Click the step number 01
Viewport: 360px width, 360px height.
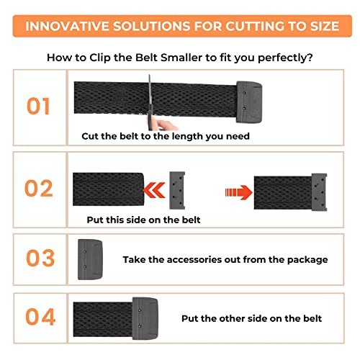point(38,106)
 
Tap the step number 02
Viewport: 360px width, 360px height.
point(39,188)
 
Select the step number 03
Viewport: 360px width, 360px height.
point(40,258)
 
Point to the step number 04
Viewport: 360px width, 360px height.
point(40,317)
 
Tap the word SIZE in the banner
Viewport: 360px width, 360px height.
point(325,26)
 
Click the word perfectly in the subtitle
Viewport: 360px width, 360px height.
point(285,58)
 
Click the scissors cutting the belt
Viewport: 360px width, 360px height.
point(150,102)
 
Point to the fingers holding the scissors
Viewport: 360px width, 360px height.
point(166,125)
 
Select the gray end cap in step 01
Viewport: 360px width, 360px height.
point(249,102)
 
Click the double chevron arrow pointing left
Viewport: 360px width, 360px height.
point(154,190)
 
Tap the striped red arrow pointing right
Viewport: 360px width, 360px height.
point(238,192)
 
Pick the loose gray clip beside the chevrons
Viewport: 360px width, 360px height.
point(177,190)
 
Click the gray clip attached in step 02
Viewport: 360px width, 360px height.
point(319,192)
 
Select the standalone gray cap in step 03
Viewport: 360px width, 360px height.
point(90,259)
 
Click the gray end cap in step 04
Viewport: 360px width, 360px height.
point(145,318)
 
